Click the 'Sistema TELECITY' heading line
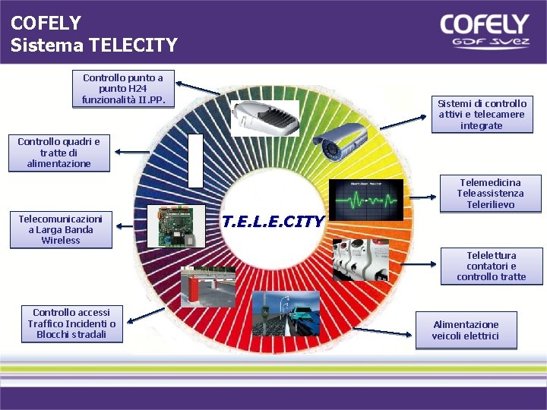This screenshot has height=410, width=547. pyautogui.click(x=94, y=45)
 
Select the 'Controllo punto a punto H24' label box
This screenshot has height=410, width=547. pyautogui.click(x=123, y=89)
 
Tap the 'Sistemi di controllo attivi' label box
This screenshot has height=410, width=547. pyautogui.click(x=481, y=114)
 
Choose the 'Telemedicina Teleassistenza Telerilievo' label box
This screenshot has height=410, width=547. pyautogui.click(x=491, y=194)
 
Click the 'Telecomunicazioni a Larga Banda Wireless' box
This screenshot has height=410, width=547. pyautogui.click(x=61, y=229)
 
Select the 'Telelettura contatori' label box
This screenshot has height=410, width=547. pyautogui.click(x=492, y=266)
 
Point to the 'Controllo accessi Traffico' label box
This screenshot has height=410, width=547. pyautogui.click(x=72, y=323)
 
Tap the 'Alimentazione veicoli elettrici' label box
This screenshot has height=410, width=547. pyautogui.click(x=466, y=330)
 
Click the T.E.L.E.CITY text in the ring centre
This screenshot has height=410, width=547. pyautogui.click(x=273, y=222)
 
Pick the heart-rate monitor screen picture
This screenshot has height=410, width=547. pyautogui.click(x=366, y=200)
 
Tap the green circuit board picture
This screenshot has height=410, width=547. pyautogui.click(x=176, y=227)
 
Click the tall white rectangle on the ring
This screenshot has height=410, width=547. pyautogui.click(x=195, y=160)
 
